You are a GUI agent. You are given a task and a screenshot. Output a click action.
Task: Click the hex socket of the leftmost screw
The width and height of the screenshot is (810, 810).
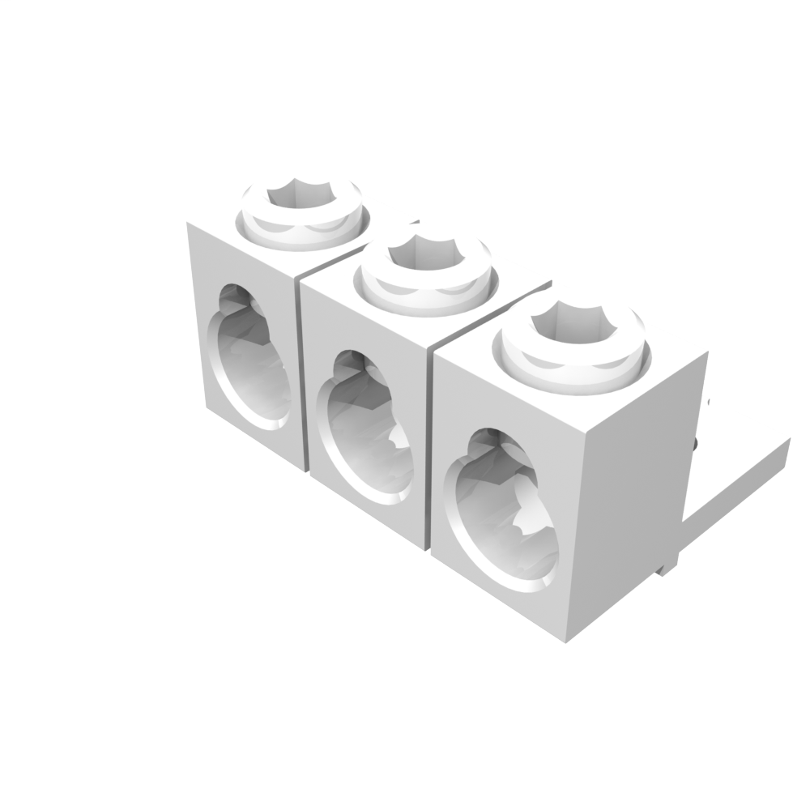(301, 194)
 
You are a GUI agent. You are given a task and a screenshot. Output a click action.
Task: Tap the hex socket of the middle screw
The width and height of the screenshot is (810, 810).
(425, 253)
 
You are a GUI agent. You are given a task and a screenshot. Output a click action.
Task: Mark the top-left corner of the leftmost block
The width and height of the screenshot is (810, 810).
(189, 224)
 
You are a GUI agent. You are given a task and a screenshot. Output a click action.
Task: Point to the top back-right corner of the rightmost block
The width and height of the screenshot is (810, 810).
(707, 353)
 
